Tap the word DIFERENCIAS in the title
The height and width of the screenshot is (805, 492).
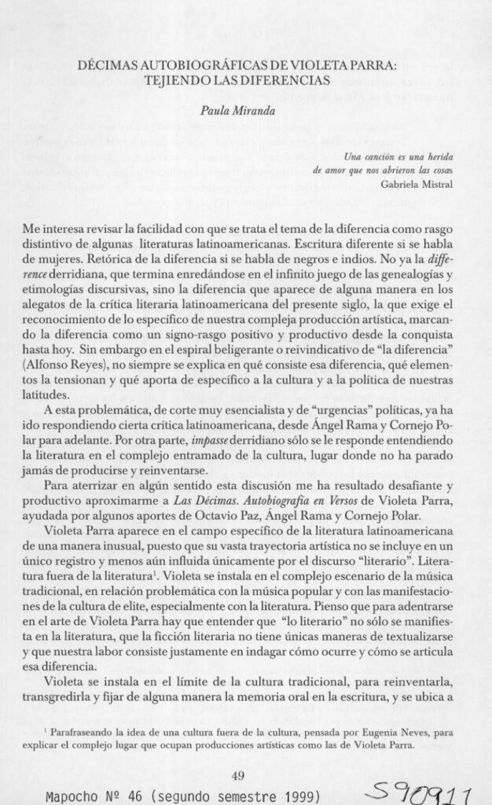pos(285,80)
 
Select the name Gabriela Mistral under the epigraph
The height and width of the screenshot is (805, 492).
pos(424,186)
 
